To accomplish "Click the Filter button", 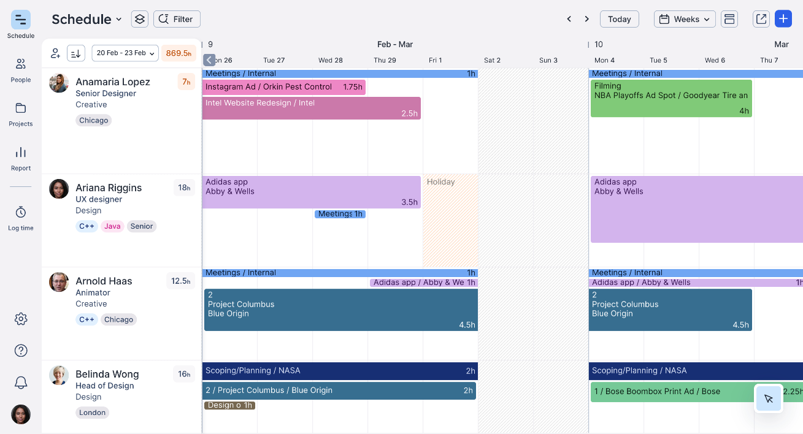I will [177, 19].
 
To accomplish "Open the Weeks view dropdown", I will [685, 19].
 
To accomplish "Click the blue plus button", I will [783, 19].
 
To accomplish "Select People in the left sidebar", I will [21, 70].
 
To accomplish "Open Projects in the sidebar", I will [21, 114].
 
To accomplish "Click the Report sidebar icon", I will [21, 158].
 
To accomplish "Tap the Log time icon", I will [21, 218].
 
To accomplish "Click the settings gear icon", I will [21, 319].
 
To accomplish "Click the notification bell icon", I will [21, 383].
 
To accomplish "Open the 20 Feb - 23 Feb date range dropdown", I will [125, 53].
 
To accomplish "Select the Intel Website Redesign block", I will [311, 108].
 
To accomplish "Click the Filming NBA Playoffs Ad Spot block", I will [670, 98].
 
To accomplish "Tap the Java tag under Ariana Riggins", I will [112, 226].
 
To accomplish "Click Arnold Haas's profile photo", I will [59, 282].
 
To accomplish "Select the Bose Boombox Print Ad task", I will [672, 392].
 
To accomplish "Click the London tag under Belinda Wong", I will [93, 413].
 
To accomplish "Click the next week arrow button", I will [586, 19].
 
